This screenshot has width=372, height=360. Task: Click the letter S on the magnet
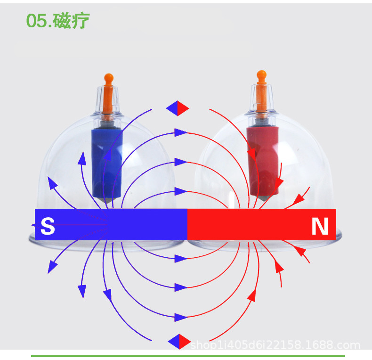(48, 227)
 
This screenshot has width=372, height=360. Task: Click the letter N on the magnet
(320, 227)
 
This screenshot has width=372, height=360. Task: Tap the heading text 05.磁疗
(57, 21)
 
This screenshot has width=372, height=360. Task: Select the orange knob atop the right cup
(261, 75)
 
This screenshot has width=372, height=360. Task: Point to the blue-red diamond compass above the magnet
(178, 108)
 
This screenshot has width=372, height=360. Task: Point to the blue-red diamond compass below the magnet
(179, 341)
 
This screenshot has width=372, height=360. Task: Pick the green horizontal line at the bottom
(188, 356)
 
